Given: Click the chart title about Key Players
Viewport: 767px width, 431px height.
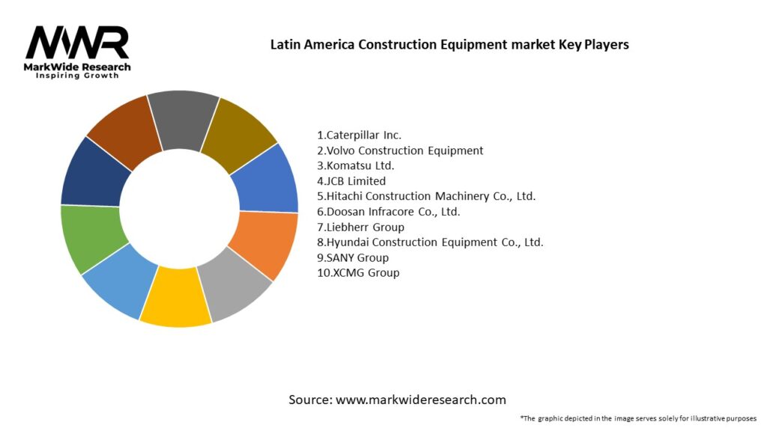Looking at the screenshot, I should pyautogui.click(x=449, y=44).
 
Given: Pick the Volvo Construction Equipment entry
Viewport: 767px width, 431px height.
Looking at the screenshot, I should pyautogui.click(x=400, y=150).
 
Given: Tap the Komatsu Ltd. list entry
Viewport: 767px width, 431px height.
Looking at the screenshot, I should pyautogui.click(x=356, y=165).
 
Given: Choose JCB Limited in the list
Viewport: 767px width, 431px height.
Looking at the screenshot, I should pyautogui.click(x=351, y=181).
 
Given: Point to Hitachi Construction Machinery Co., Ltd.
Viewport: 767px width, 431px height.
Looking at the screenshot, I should pyautogui.click(x=426, y=196).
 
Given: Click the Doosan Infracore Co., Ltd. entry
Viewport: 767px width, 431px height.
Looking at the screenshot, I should pyautogui.click(x=388, y=212).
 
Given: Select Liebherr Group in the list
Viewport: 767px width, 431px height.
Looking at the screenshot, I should pyautogui.click(x=360, y=227).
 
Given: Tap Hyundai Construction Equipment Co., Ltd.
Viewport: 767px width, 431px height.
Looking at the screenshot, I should pyautogui.click(x=430, y=242).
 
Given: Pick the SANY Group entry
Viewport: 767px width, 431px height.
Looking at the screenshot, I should pyautogui.click(x=353, y=257).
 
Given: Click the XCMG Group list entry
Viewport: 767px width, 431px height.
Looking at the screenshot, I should pyautogui.click(x=358, y=273).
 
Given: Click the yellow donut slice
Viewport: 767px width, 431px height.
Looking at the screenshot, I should pyautogui.click(x=175, y=298).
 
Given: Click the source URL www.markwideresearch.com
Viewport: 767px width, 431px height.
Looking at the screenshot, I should pyautogui.click(x=420, y=400).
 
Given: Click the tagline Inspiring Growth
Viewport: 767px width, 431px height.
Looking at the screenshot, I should pyautogui.click(x=77, y=76).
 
